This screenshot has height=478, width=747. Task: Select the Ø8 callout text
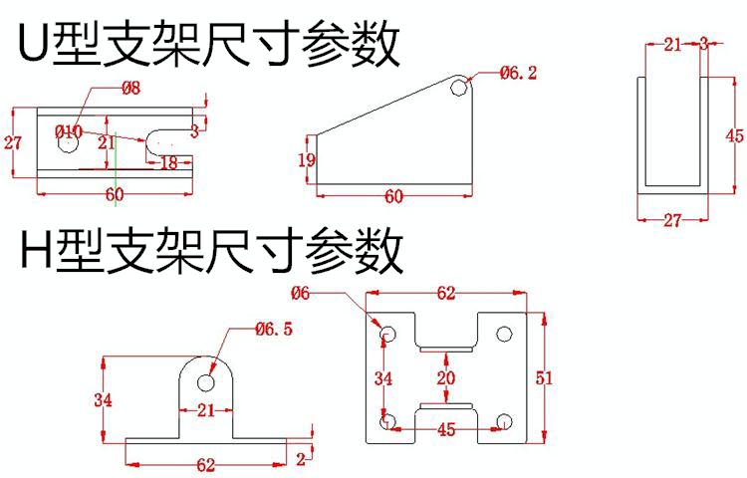pyautogui.click(x=130, y=89)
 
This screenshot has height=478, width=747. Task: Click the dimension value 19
pyautogui.click(x=307, y=159)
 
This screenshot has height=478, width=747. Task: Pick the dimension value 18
pyautogui.click(x=168, y=161)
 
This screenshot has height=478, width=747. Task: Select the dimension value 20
pyautogui.click(x=445, y=377)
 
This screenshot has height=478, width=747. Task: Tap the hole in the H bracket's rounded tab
pyautogui.click(x=208, y=381)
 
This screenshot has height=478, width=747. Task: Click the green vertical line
pyautogui.click(x=116, y=169)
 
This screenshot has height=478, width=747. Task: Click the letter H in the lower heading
pyautogui.click(x=35, y=251)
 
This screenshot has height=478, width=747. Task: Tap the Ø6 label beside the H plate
pyautogui.click(x=302, y=292)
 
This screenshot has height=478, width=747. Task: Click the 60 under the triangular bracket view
pyautogui.click(x=393, y=196)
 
